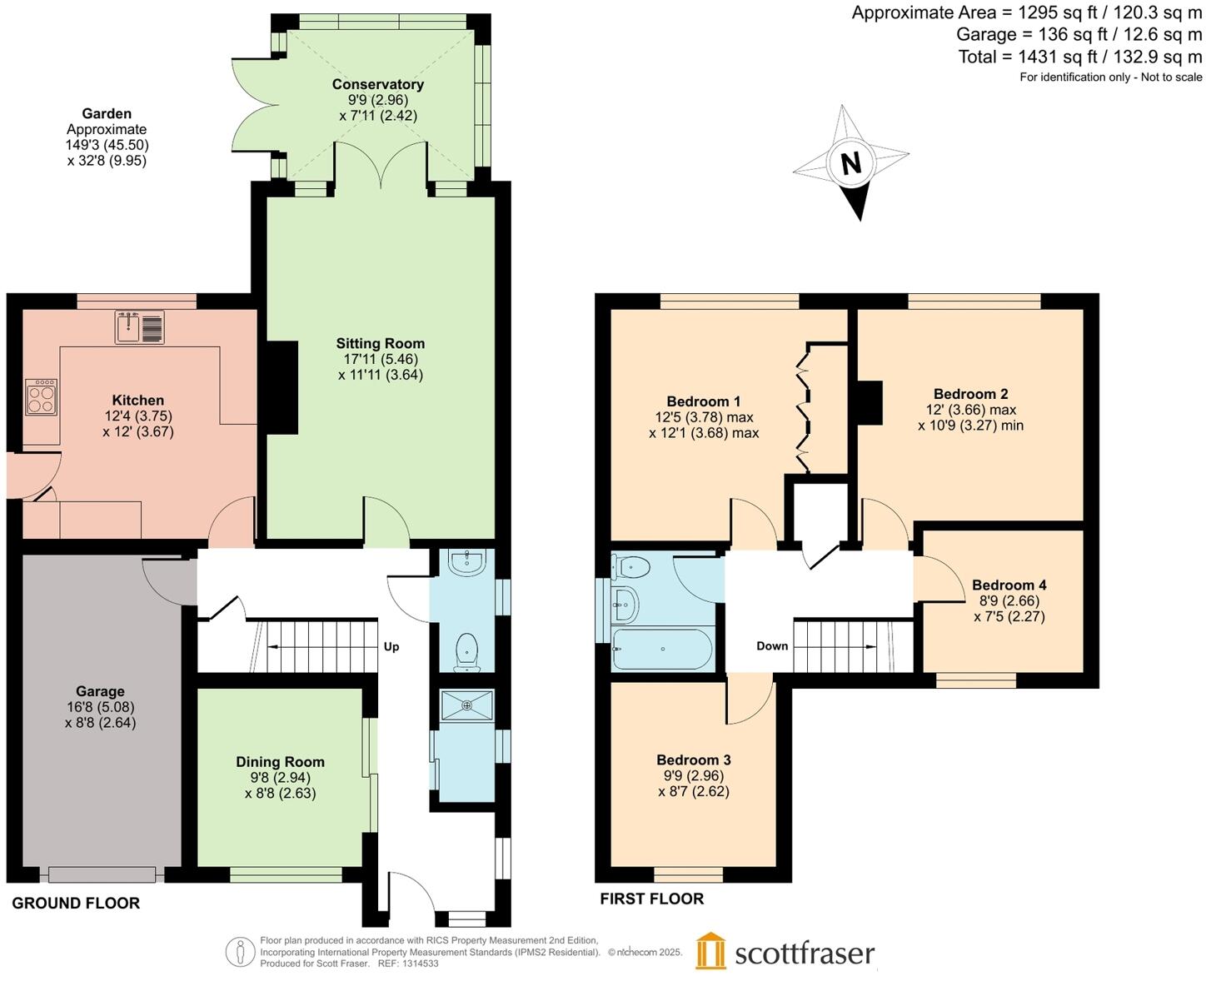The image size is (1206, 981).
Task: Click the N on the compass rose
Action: pos(850,162)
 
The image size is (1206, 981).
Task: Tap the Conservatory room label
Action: pos(378,84)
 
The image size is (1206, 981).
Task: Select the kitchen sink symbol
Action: pos(140,327)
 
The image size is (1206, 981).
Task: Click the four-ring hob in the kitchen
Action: pos(41,397)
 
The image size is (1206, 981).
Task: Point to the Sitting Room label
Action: pos(381,343)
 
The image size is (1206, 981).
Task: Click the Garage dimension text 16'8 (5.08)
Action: pos(100,707)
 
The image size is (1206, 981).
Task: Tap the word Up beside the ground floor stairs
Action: pos(391,646)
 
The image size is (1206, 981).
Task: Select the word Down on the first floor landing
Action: pos(772,645)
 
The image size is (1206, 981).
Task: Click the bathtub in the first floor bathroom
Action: pos(662,649)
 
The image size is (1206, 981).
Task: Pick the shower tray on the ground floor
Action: pos(466,705)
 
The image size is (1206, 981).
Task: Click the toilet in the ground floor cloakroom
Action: pos(467,650)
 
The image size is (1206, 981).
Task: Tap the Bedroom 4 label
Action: pos(1009,585)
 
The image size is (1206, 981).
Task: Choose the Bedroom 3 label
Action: pos(694,759)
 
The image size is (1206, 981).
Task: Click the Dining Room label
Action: pos(280,761)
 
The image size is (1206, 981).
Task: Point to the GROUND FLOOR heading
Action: pos(76,903)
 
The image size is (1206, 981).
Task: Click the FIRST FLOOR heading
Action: pos(652,899)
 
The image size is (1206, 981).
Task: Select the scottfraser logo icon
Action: pos(710,951)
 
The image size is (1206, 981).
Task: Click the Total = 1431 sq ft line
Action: pos(1079,57)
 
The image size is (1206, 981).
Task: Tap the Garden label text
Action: pos(107,113)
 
